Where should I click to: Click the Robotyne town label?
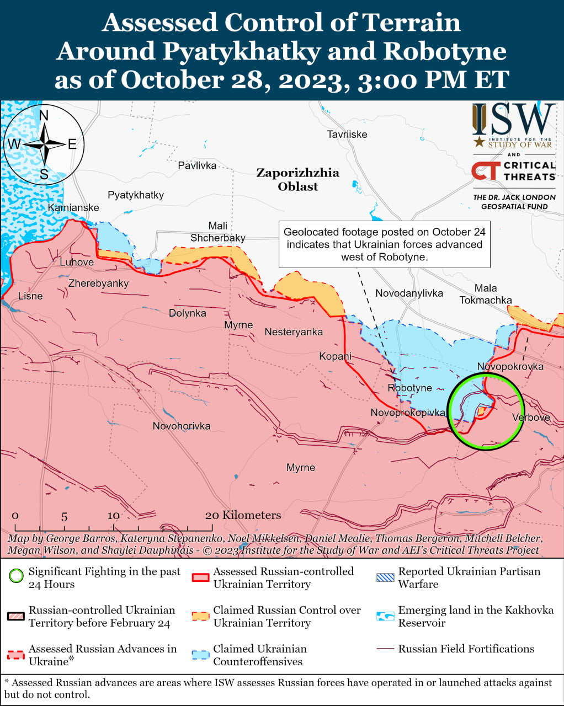click(x=409, y=388)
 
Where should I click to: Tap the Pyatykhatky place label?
click(x=136, y=195)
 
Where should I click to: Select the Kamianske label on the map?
click(x=73, y=207)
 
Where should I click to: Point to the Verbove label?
click(x=531, y=417)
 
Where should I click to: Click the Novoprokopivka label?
click(x=408, y=413)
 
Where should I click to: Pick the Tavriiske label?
click(x=347, y=134)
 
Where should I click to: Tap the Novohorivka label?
click(x=182, y=426)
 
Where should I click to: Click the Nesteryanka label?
click(x=294, y=331)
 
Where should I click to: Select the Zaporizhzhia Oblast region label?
click(x=297, y=179)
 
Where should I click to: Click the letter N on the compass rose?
click(x=44, y=115)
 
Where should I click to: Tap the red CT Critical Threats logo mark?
click(x=486, y=171)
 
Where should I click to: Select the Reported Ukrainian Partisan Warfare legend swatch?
click(x=385, y=577)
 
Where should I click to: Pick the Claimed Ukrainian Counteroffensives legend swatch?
click(x=200, y=655)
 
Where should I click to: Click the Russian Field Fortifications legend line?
click(x=385, y=649)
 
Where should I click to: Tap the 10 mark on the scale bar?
click(x=113, y=516)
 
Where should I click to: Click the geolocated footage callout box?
click(x=384, y=244)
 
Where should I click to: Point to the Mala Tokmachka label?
click(x=486, y=294)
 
